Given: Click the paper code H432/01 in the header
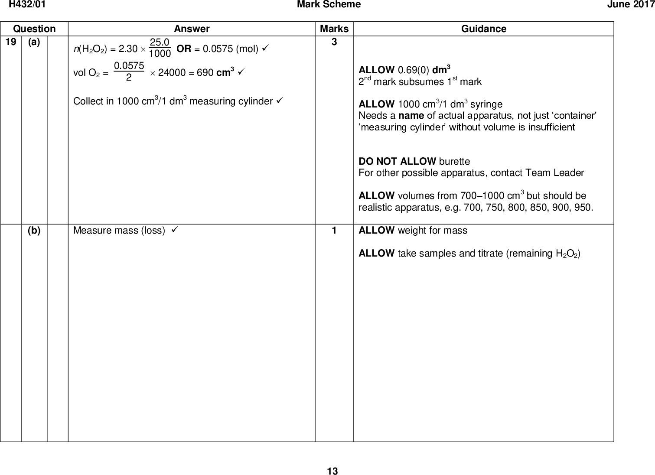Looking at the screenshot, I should [27, 5].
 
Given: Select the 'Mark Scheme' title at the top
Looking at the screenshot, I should [329, 5].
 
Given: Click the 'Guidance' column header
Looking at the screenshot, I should [483, 29].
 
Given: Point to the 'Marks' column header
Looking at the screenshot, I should [334, 29].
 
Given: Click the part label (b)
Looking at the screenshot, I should [34, 231].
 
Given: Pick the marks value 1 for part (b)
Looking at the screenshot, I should [334, 231].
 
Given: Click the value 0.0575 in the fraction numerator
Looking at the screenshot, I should [129, 66].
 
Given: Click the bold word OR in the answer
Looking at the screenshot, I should [184, 49].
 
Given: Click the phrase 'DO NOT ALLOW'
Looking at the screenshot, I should [397, 162].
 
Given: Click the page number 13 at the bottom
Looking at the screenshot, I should [332, 471].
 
